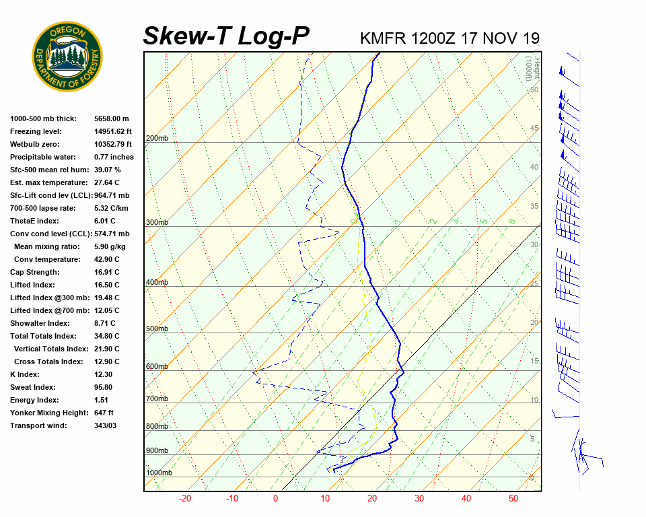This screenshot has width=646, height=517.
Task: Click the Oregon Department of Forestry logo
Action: [x=67, y=57]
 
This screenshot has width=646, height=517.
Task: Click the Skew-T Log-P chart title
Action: [x=226, y=36]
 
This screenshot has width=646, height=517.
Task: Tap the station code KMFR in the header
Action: [x=382, y=38]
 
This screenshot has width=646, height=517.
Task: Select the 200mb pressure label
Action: [x=157, y=139]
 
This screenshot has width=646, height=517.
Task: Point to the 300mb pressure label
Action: [x=157, y=223]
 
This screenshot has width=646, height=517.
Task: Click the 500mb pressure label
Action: [x=157, y=329]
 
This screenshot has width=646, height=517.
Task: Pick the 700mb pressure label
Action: [x=157, y=399]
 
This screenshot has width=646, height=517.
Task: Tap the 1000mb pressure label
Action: [x=159, y=473]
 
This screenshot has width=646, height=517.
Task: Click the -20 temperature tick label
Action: [x=185, y=499]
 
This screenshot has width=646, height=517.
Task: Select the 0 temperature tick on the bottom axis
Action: [x=275, y=499]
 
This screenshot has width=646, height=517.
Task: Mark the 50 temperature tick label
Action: [x=513, y=499]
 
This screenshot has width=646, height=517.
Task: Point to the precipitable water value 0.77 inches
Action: [x=114, y=157]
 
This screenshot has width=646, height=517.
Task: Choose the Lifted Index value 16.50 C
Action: [x=107, y=285]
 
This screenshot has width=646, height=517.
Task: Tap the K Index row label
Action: [x=26, y=374]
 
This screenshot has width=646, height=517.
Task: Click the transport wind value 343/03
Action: [x=106, y=425]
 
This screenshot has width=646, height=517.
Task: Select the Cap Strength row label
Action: [x=34, y=272]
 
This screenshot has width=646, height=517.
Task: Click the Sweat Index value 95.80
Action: [x=103, y=387]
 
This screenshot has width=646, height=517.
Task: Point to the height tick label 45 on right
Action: [x=534, y=129]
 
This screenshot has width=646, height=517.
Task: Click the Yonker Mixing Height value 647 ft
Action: [x=104, y=413]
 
